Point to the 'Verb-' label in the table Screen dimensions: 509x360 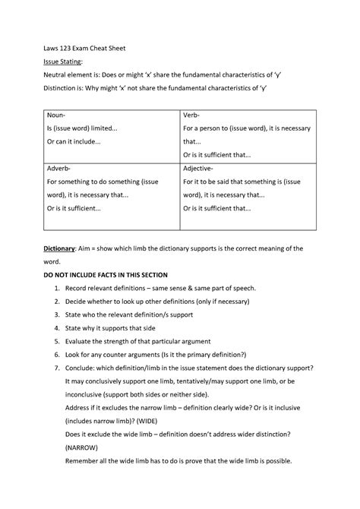[193, 116]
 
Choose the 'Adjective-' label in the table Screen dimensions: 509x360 [198, 168]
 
